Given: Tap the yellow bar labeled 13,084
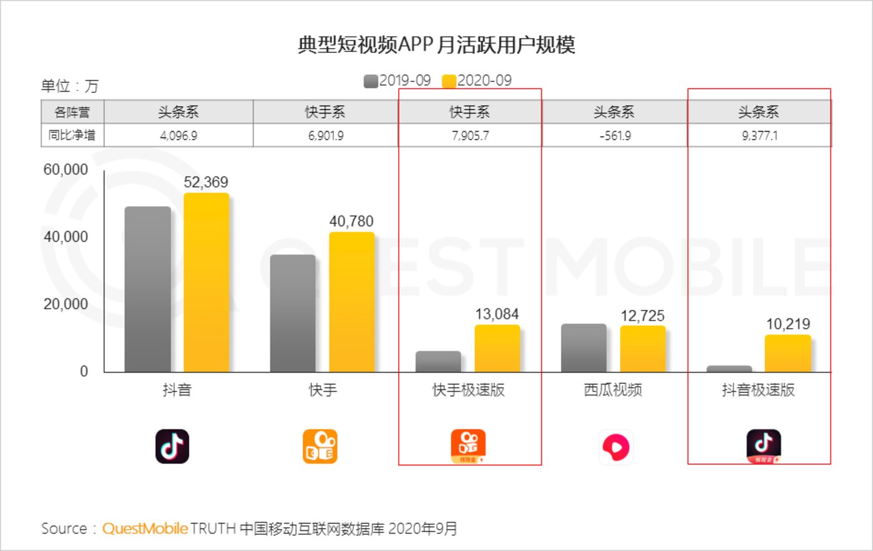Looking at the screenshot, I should click(x=497, y=348).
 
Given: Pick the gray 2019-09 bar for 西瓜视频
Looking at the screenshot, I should click(x=583, y=348).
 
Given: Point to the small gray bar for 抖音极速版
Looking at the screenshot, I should click(x=729, y=369).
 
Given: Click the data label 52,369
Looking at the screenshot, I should click(x=206, y=182).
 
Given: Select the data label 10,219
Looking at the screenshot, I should click(x=788, y=324).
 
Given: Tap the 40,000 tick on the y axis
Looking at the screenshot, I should click(x=66, y=237).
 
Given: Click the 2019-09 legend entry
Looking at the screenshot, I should click(x=397, y=80).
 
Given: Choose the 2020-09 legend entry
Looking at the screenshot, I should click(x=477, y=80).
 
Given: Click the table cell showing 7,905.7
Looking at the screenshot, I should click(x=470, y=135).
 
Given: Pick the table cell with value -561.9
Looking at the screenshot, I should click(x=615, y=135).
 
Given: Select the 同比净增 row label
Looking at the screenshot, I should click(x=72, y=135).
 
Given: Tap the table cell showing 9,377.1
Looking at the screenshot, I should click(x=759, y=135).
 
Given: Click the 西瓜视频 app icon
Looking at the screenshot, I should click(x=615, y=447).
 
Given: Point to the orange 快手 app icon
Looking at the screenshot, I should click(x=320, y=447).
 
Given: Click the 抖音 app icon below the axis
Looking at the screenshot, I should click(x=172, y=447).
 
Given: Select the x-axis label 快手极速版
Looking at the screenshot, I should click(x=469, y=390).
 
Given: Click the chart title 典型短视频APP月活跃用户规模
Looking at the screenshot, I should click(x=436, y=45).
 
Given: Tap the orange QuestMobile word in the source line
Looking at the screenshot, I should click(x=145, y=529).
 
